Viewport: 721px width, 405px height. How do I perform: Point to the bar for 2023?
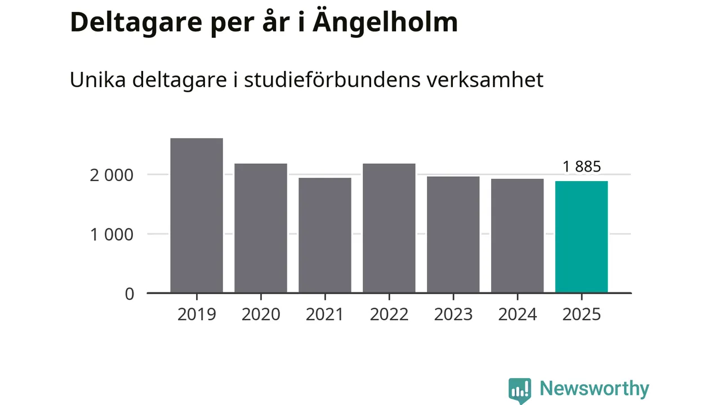(453, 235)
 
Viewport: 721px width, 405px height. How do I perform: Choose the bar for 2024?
(518, 236)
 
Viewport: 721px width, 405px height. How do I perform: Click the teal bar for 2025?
(581, 237)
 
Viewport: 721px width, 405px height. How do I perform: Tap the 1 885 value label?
(582, 166)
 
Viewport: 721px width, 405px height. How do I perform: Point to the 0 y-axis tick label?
(130, 294)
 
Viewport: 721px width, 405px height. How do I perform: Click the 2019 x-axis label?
(197, 314)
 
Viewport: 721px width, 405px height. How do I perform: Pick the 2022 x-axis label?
(389, 314)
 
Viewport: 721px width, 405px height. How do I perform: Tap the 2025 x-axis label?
(582, 314)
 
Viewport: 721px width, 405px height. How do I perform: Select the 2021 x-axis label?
(325, 314)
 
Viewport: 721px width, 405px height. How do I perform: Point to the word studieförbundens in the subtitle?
(323, 80)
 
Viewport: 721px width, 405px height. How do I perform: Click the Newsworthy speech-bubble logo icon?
(519, 390)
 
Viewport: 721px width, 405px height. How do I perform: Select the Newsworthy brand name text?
(594, 389)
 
